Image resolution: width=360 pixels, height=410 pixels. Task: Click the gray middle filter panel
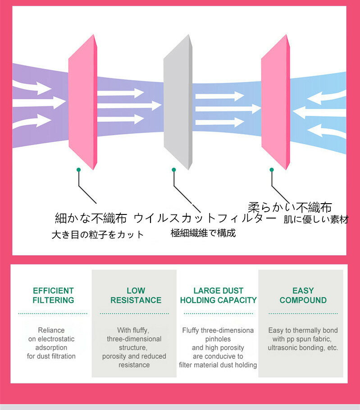pos(178,101)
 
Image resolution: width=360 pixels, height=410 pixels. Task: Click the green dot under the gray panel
pos(173,169)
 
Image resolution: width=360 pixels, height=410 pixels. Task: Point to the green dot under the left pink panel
pos(78,169)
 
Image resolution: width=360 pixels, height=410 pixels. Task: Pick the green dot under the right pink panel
pos(272,169)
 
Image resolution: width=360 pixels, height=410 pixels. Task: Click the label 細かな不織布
pos(91,219)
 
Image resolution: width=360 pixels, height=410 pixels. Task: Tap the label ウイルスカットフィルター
pos(205,219)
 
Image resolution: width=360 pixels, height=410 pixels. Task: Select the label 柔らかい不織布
pos(290,207)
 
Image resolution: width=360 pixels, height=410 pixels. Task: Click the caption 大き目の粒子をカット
pos(98,234)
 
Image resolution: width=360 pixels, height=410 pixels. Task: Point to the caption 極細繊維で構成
pos(203,233)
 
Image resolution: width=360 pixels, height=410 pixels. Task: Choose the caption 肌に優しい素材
pos(316,220)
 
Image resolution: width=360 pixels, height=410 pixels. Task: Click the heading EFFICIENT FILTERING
pos(53,295)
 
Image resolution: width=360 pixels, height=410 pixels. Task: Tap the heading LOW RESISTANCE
pos(136,295)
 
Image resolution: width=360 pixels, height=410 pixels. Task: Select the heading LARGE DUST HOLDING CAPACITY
pos(219,295)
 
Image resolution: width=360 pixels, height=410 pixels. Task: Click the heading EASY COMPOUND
pos(303,295)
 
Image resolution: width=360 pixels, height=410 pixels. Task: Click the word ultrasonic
pos(283,348)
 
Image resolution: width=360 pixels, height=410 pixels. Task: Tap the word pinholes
pos(218,339)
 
